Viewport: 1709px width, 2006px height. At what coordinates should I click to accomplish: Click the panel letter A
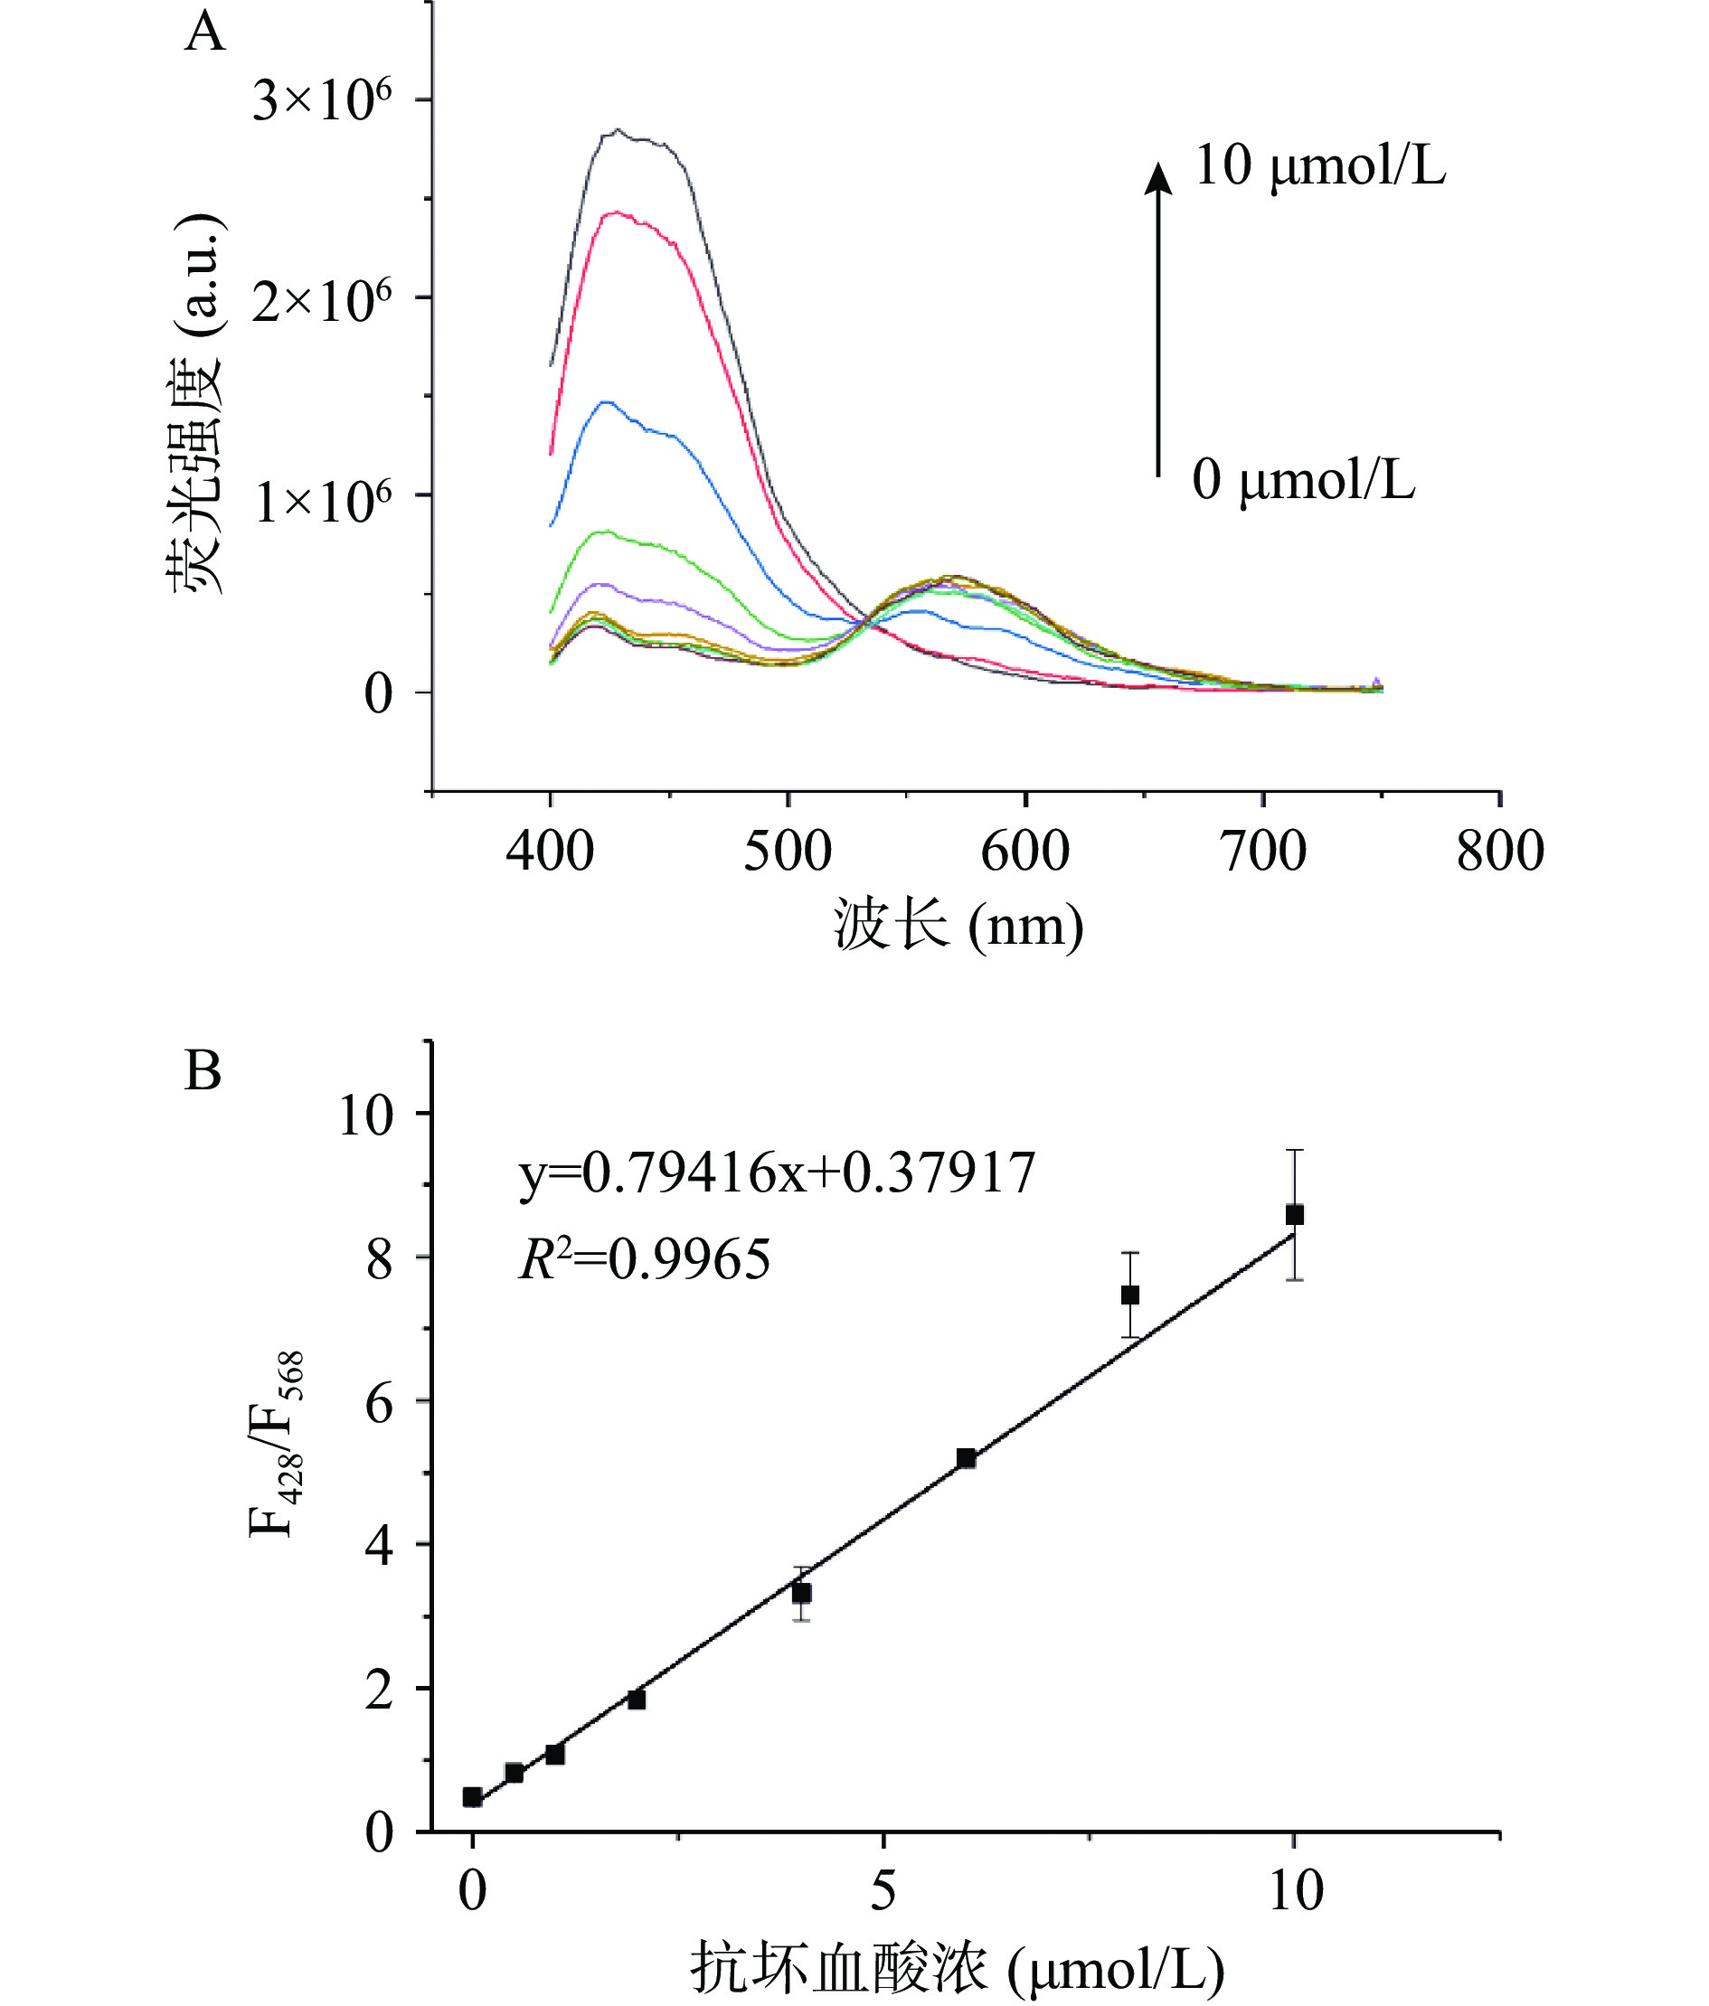(x=204, y=33)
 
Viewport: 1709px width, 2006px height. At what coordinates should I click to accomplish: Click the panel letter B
(x=203, y=1072)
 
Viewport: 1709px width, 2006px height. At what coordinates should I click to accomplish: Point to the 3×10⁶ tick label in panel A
(x=322, y=100)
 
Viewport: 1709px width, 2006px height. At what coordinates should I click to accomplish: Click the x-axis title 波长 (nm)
(x=958, y=926)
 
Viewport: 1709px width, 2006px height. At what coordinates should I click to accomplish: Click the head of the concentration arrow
(x=1158, y=177)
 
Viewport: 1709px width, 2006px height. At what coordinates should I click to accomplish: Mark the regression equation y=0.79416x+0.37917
(x=778, y=1173)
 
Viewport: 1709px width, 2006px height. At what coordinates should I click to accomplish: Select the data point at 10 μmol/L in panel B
(x=1295, y=1215)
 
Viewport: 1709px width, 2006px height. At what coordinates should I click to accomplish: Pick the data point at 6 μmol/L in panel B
(x=966, y=1458)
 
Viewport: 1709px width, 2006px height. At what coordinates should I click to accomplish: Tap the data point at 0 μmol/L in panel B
(x=473, y=1797)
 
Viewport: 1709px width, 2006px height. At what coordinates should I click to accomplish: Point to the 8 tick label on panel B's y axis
(x=379, y=1259)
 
